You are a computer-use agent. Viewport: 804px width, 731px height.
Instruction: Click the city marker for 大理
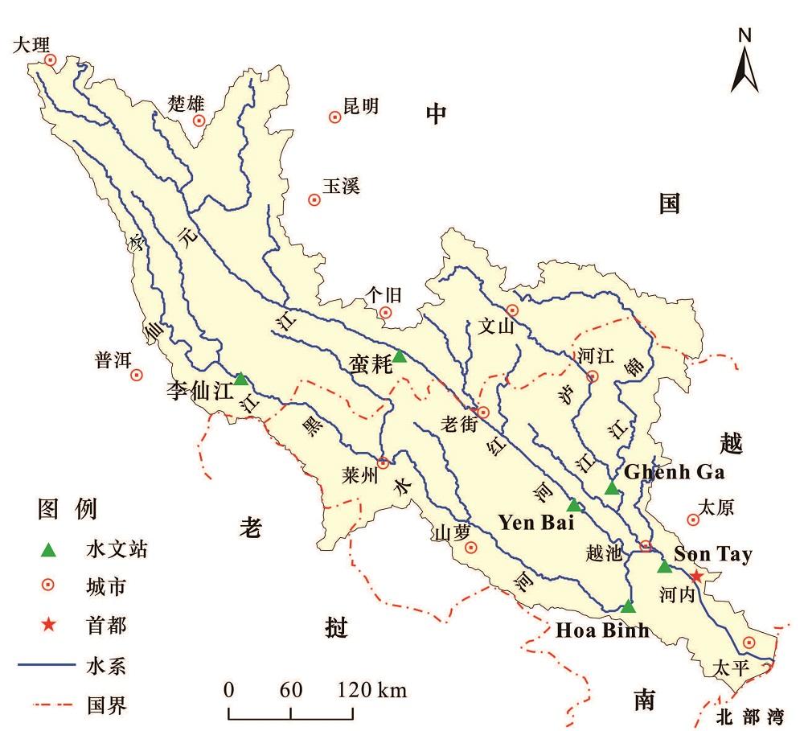(50, 60)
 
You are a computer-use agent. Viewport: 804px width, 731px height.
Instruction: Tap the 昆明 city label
(360, 106)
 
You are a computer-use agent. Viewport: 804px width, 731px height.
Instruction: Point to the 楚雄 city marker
(199, 121)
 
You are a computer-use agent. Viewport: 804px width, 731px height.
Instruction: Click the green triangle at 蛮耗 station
(400, 356)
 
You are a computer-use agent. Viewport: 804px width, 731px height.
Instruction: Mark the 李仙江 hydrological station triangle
(240, 378)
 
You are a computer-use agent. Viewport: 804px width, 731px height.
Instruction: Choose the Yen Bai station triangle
(573, 505)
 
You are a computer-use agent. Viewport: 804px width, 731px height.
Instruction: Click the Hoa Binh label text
(602, 630)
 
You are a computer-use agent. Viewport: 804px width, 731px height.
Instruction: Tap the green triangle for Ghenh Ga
(612, 488)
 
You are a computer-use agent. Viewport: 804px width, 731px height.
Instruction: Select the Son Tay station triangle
(664, 567)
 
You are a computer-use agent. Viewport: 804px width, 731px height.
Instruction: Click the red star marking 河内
(697, 577)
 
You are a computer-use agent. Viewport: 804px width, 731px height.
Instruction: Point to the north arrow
(745, 64)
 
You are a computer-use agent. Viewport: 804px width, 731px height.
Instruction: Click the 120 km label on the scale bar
(371, 689)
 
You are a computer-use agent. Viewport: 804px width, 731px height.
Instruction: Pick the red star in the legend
(49, 626)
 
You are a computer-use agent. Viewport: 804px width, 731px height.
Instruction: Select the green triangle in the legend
(49, 551)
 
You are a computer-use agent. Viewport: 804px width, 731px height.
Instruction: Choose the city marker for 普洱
(137, 374)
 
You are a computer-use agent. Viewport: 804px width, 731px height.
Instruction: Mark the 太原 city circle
(692, 520)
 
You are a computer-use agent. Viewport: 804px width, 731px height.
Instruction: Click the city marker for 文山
(512, 310)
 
